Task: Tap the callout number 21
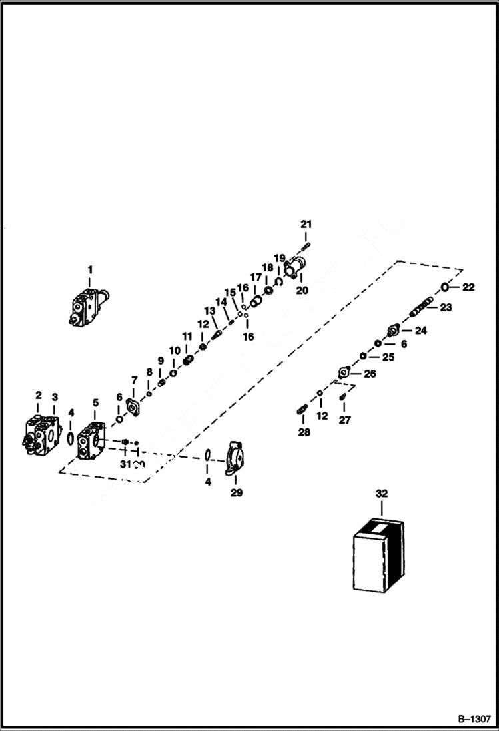coord(306,224)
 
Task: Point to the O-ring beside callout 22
coord(444,287)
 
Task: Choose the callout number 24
coord(421,330)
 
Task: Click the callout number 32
coord(381,494)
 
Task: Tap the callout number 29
coord(237,493)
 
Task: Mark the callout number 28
coord(304,433)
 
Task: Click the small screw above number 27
coord(343,398)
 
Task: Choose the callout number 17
coord(256,277)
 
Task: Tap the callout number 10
coord(174,350)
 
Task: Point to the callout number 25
coord(388,357)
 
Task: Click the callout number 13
coord(210,311)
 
